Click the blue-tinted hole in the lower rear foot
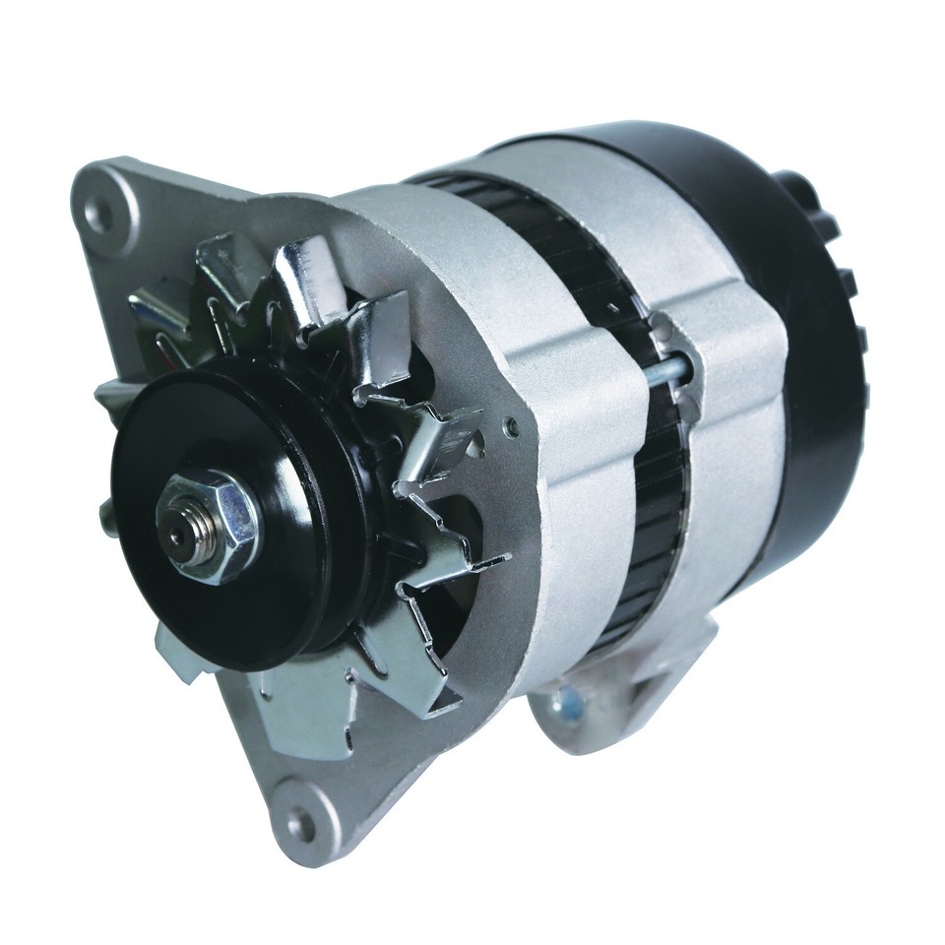(x=570, y=703)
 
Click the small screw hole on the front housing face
(x=510, y=426)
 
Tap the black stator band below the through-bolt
(x=655, y=532)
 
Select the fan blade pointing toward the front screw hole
(x=433, y=433)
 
